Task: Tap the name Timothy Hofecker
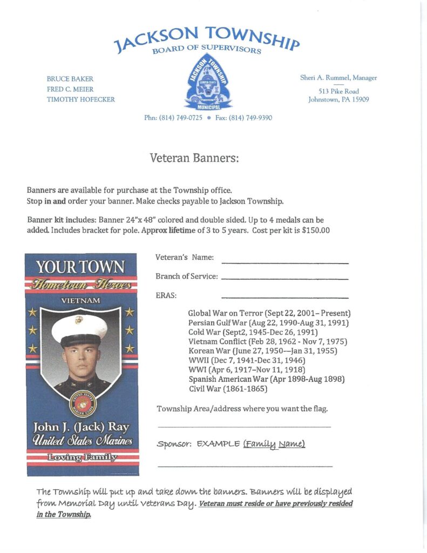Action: click(x=81, y=99)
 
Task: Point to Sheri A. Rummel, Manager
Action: click(x=338, y=78)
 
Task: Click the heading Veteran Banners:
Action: click(x=194, y=158)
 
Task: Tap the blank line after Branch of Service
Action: click(x=285, y=279)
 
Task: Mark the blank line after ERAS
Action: click(x=285, y=298)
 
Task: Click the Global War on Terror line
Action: click(x=269, y=313)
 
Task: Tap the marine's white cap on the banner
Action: click(x=79, y=327)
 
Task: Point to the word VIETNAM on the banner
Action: click(x=81, y=300)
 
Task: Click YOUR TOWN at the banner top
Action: click(x=80, y=267)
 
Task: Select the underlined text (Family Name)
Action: click(x=274, y=444)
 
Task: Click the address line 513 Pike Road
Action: click(x=338, y=91)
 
